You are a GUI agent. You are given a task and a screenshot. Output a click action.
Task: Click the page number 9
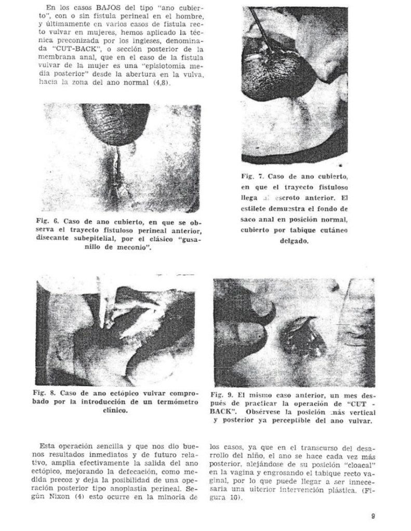373,516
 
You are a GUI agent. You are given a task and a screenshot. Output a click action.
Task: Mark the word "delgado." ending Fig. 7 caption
295,241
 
